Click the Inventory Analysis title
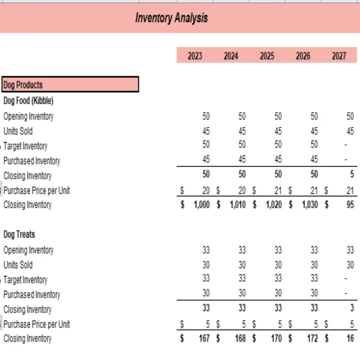coord(172,18)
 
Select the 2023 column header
coord(195,56)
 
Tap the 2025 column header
coord(267,56)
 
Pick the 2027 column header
coord(339,56)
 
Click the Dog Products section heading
coord(23,85)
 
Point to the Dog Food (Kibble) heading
coord(28,101)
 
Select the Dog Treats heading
coord(19,234)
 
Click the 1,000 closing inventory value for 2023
coord(202,205)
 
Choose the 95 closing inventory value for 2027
coord(350,205)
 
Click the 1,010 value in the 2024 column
coord(238,205)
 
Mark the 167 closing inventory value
coord(204,339)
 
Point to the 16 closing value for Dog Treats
coord(350,339)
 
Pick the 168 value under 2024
coord(240,339)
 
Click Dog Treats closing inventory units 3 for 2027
coord(352,308)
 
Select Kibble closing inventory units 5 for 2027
coord(352,174)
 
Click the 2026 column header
coord(303,56)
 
